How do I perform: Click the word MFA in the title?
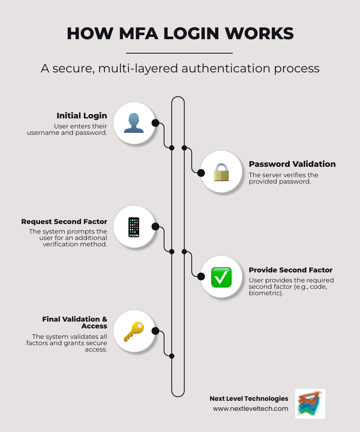pos(139,34)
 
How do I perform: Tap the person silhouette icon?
pos(134,123)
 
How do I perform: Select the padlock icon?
pos(221,172)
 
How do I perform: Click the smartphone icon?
pos(134,227)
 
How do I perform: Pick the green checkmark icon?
pos(221,277)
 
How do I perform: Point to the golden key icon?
pos(133,332)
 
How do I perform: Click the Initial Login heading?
pos(82,116)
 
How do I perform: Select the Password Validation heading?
pos(292,164)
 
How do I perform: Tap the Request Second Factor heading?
pos(64,222)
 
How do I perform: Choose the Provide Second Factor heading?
pos(290,270)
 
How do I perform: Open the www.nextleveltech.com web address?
pos(250,408)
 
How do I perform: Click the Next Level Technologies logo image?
pos(310,404)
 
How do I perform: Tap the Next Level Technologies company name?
pos(249,398)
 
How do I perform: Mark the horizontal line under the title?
pos(179,53)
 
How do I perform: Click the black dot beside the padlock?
pos(201,172)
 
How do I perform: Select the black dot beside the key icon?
pos(156,331)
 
